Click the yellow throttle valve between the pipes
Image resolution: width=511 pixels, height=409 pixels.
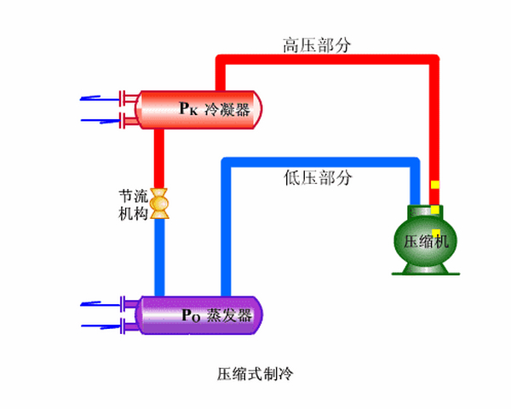click(x=159, y=204)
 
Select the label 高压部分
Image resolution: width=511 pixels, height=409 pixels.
click(x=316, y=44)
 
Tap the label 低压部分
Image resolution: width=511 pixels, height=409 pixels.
click(x=316, y=178)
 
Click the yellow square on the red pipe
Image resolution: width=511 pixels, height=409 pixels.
click(x=434, y=185)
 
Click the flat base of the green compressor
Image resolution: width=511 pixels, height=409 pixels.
click(x=425, y=273)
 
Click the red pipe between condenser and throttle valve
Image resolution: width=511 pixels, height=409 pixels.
click(x=159, y=162)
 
